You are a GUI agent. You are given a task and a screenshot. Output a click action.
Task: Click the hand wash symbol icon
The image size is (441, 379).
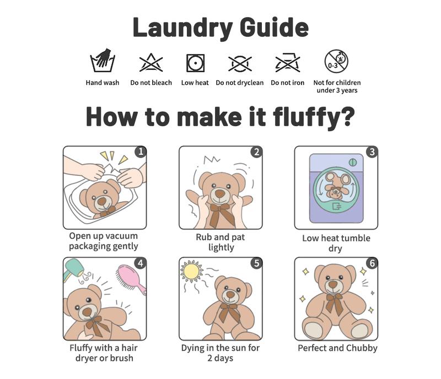(x=103, y=61)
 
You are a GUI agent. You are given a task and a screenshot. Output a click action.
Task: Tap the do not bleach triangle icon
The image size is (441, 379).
(x=151, y=62)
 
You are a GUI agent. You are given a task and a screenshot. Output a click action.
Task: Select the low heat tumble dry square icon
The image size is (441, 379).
(x=195, y=63)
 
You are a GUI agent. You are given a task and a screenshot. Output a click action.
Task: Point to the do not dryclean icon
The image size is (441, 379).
(x=240, y=63)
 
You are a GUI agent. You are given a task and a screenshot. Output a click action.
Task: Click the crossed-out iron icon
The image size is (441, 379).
(x=287, y=62)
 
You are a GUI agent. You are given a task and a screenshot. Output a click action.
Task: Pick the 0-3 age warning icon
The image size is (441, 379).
(x=336, y=61)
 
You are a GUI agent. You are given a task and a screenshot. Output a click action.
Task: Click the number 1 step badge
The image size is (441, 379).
(x=141, y=152)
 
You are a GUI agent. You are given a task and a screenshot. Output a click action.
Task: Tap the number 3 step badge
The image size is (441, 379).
(x=372, y=152)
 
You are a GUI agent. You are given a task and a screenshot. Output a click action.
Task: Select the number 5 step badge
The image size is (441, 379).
(x=256, y=263)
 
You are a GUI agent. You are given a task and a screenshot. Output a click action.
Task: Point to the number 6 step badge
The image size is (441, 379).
(x=372, y=263)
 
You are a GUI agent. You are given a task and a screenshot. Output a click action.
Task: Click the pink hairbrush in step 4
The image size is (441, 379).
(x=131, y=279)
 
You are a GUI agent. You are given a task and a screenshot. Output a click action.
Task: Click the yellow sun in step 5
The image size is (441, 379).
(x=192, y=272)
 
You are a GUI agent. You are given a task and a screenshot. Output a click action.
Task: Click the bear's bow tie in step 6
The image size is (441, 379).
(x=335, y=303)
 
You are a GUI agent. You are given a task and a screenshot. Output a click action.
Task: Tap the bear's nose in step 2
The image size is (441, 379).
(x=219, y=194)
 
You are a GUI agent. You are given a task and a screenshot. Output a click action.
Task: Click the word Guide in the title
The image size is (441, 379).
(x=274, y=28)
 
